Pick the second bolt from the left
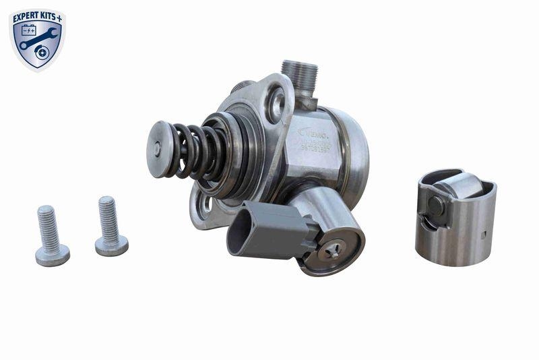(110, 226)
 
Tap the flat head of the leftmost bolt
(52, 256)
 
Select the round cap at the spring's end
(158, 149)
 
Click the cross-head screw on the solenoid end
(332, 251)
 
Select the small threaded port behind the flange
(242, 87)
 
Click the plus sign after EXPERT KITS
(60, 17)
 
